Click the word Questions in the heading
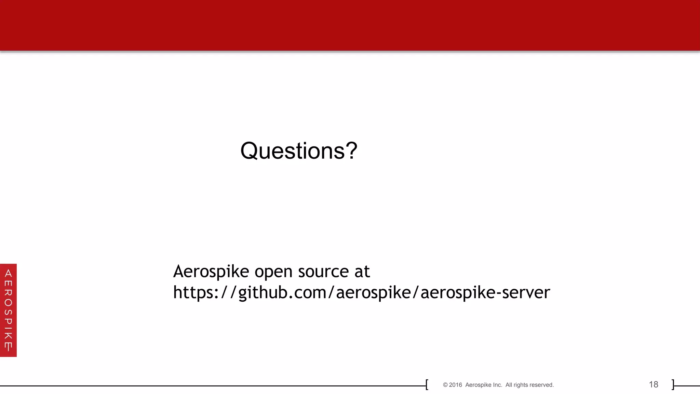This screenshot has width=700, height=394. pos(292,151)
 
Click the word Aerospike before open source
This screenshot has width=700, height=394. pos(211,272)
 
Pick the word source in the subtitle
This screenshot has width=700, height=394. pos(323,272)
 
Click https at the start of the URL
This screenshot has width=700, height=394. pos(193,292)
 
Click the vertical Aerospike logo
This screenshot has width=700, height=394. pos(8,310)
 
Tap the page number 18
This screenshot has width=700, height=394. pos(654,384)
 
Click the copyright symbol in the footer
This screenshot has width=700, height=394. pos(445,385)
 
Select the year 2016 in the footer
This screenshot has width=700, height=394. pos(455,385)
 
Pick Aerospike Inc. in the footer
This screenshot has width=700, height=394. pos(484,385)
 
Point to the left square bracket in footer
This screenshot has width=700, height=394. pos(427,384)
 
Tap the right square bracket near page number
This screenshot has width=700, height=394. pos(673,384)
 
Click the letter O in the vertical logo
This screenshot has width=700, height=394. pos(8,303)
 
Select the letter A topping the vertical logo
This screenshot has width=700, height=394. pos(8,273)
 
